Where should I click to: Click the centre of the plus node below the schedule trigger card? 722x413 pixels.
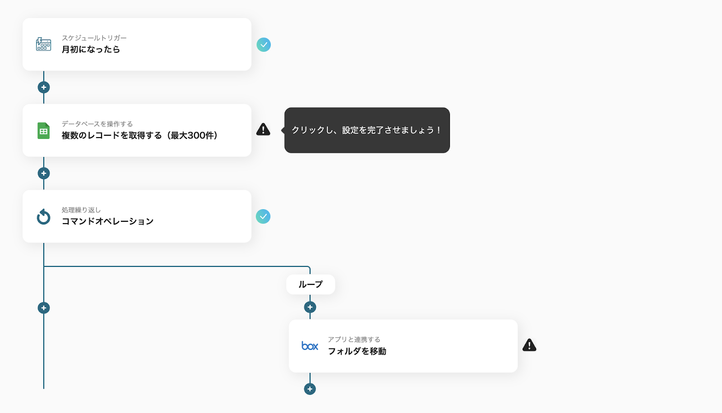(43, 87)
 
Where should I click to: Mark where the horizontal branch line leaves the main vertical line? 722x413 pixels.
(44, 266)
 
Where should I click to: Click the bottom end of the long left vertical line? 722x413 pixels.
(44, 389)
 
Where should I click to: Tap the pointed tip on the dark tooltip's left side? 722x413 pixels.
(282, 130)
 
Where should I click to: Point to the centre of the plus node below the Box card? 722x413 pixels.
(310, 389)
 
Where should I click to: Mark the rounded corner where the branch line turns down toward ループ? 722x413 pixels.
(309, 267)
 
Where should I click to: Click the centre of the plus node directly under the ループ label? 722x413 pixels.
(310, 307)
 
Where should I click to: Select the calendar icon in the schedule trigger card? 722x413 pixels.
(43, 44)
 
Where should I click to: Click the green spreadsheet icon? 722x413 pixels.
(43, 131)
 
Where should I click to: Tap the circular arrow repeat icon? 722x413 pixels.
(43, 216)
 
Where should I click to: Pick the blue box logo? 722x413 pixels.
(310, 346)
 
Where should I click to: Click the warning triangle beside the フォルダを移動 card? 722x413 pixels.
(529, 345)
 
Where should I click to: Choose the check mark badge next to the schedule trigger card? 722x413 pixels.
(264, 45)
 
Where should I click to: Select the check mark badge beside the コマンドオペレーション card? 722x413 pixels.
(263, 216)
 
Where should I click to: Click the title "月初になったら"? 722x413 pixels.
(91, 49)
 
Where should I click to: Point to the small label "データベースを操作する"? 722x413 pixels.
(97, 124)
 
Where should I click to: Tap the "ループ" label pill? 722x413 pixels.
(310, 285)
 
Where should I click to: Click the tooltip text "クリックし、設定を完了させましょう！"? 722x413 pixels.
(366, 130)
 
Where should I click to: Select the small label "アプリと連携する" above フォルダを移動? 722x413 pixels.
(354, 340)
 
